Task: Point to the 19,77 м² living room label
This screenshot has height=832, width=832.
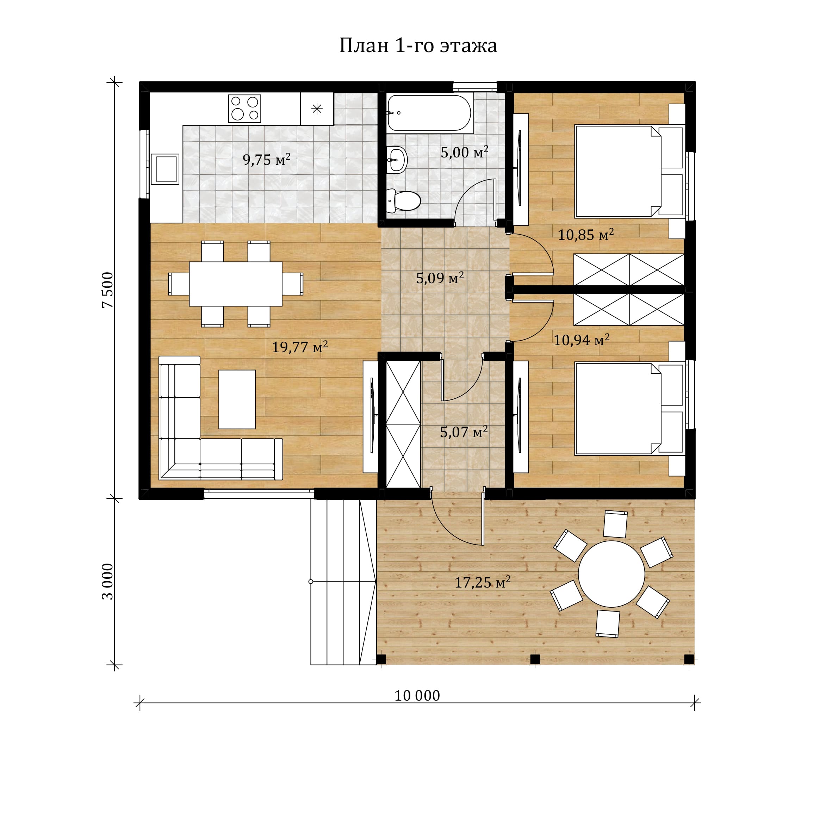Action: pyautogui.click(x=300, y=347)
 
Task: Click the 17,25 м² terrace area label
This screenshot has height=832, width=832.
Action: pyautogui.click(x=482, y=582)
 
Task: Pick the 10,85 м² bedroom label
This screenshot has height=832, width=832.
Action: pyautogui.click(x=586, y=234)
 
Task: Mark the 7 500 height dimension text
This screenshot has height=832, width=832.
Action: pyautogui.click(x=108, y=290)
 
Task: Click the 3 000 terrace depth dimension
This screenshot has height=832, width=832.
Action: pyautogui.click(x=108, y=581)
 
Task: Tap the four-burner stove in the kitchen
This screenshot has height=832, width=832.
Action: pyautogui.click(x=244, y=108)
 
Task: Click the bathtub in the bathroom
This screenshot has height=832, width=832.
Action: pyautogui.click(x=430, y=112)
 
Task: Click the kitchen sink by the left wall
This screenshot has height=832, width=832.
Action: pyautogui.click(x=165, y=169)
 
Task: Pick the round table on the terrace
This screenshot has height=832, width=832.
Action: pyautogui.click(x=611, y=574)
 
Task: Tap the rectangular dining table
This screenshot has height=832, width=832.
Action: pyautogui.click(x=236, y=284)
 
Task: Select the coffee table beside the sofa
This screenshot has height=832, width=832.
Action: pyautogui.click(x=237, y=399)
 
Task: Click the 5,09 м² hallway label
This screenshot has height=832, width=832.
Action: pyautogui.click(x=440, y=278)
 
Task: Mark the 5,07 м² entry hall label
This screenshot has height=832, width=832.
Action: pyautogui.click(x=464, y=432)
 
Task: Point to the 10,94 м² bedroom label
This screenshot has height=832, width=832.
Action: pyautogui.click(x=581, y=340)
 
